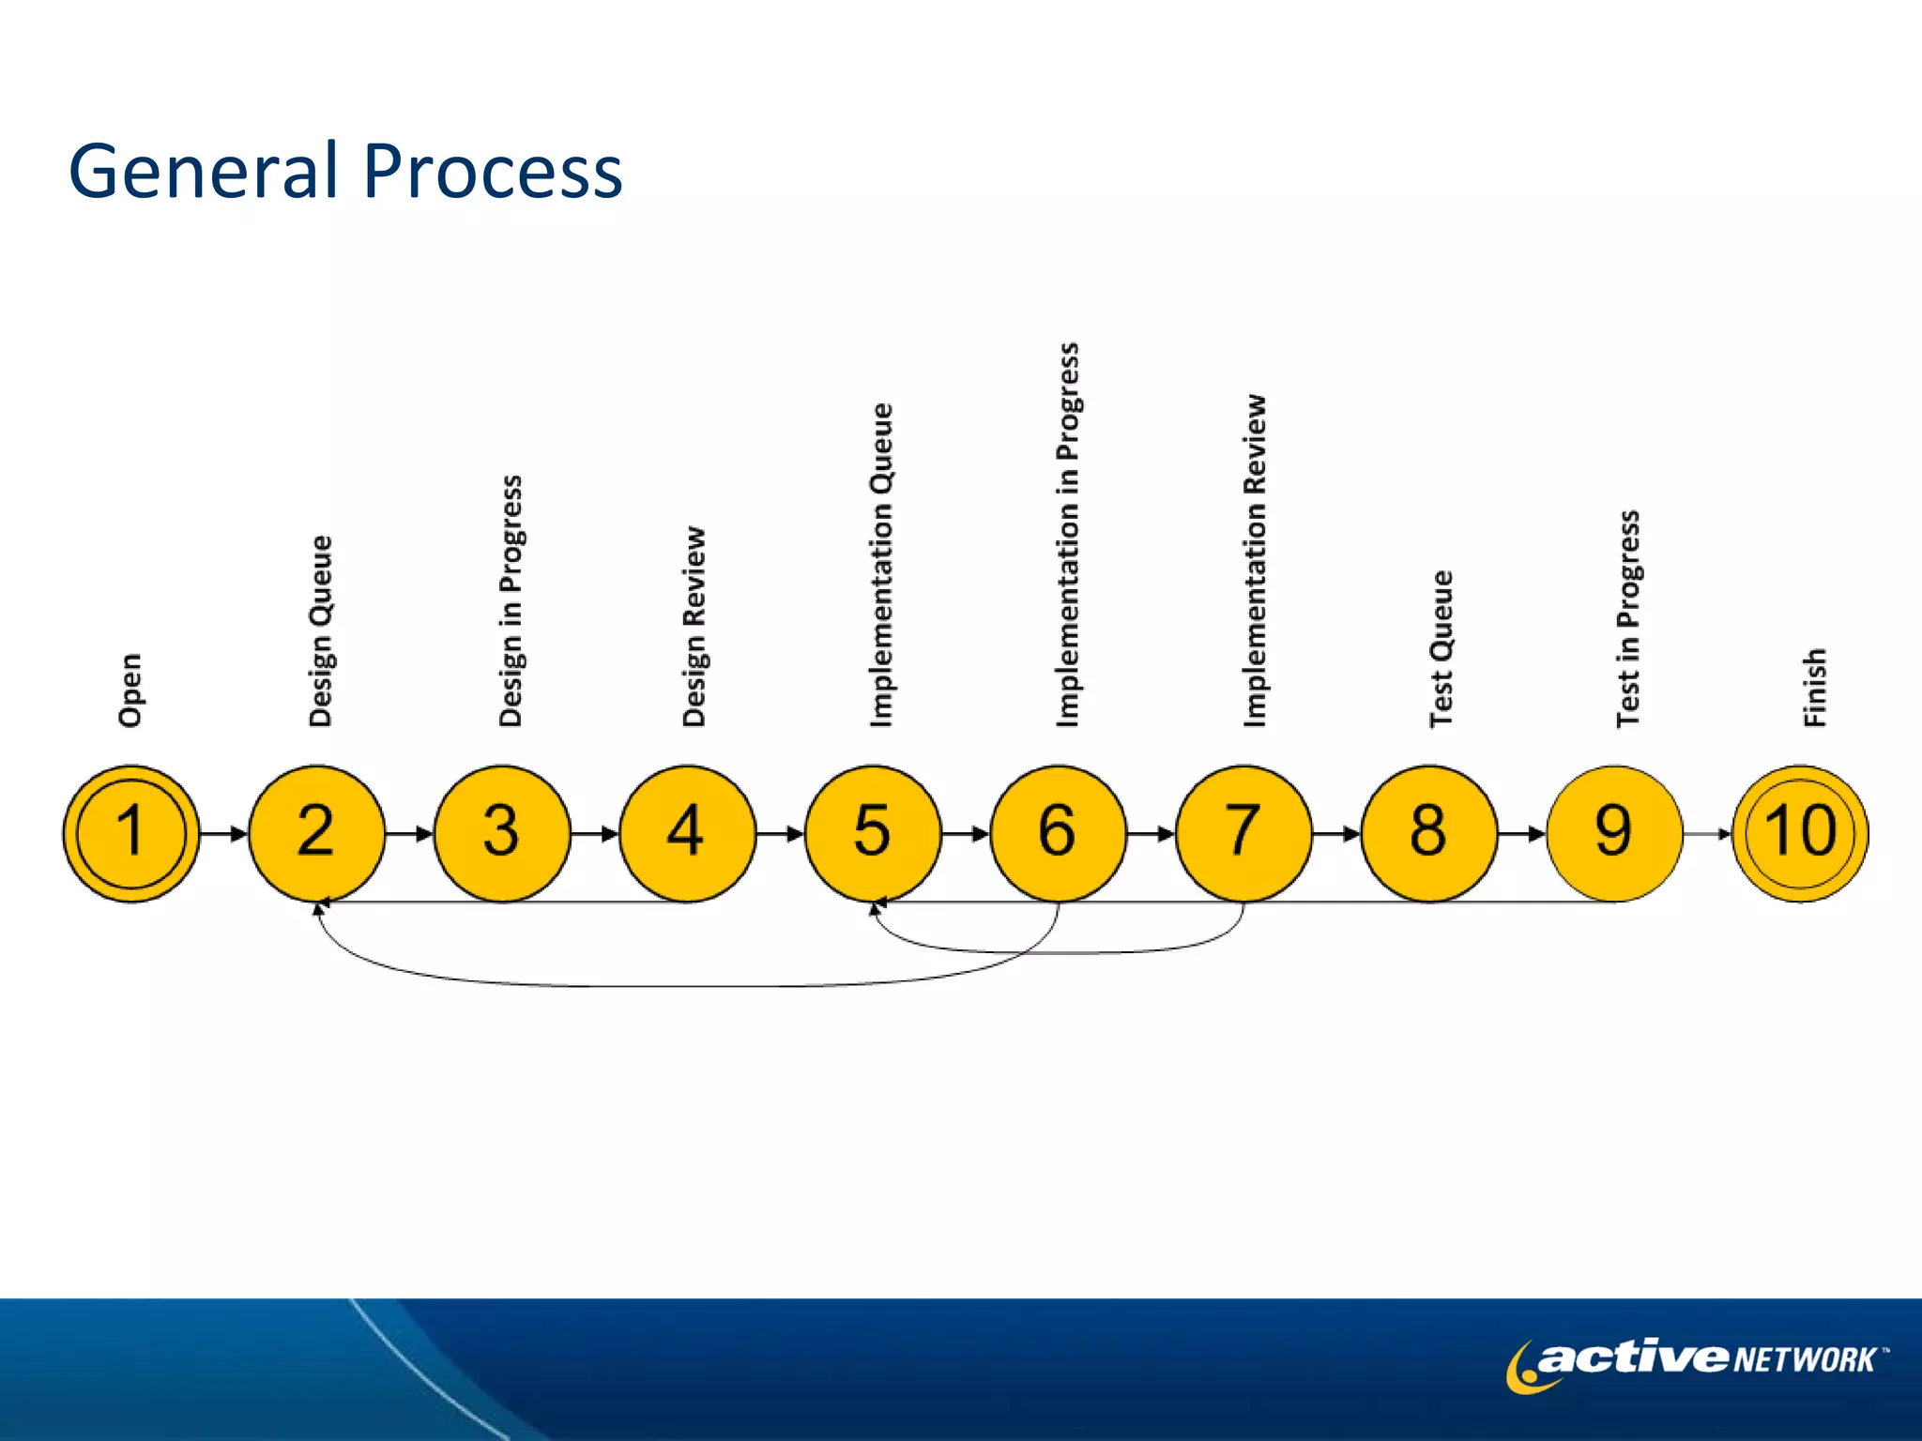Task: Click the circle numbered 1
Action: [x=131, y=833]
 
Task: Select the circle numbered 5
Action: [x=873, y=833]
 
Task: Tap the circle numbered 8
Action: [x=1428, y=833]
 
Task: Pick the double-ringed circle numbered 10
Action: [x=1800, y=833]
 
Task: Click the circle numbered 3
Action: [x=502, y=833]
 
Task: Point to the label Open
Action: [x=130, y=690]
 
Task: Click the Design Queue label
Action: [x=320, y=630]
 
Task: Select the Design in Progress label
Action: [x=510, y=600]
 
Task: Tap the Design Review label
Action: [x=694, y=626]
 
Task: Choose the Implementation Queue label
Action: [x=880, y=565]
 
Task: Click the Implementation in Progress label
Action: [x=1067, y=535]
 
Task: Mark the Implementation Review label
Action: [x=1254, y=560]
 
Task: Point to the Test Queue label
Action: [x=1441, y=648]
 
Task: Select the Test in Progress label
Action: [x=1627, y=618]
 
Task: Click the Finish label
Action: [x=1814, y=687]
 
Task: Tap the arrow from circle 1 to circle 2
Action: [x=223, y=833]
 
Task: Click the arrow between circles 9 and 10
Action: [x=1707, y=833]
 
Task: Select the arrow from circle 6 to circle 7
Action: [x=1151, y=833]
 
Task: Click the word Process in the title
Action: [x=492, y=172]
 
